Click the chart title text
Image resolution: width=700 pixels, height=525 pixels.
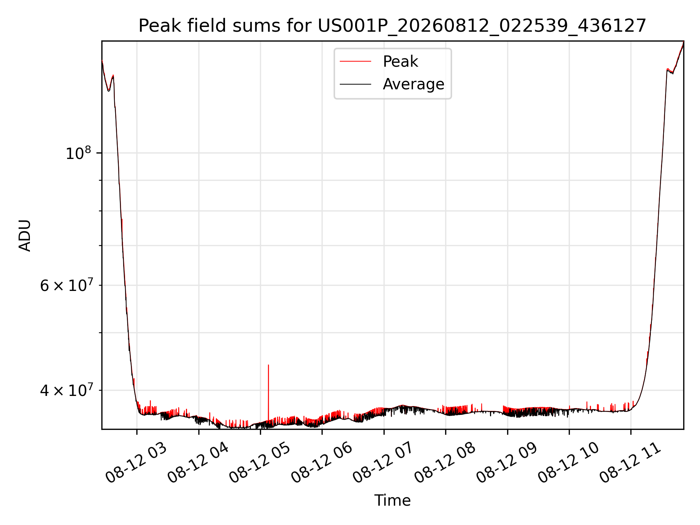(392, 26)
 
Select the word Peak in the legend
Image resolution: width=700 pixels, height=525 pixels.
(400, 62)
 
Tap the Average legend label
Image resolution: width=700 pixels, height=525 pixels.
(413, 84)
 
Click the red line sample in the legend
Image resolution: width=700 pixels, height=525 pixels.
(355, 62)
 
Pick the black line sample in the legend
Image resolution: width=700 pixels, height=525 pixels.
(355, 84)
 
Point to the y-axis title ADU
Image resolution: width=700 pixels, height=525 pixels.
(25, 236)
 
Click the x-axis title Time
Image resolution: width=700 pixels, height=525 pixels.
(392, 501)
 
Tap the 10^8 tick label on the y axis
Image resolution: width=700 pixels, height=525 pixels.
(78, 153)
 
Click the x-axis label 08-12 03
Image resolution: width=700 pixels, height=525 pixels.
(136, 463)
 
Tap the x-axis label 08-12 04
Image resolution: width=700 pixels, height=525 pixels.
(198, 463)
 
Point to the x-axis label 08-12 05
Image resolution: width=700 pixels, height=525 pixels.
(259, 463)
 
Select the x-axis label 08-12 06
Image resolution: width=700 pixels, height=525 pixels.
(321, 463)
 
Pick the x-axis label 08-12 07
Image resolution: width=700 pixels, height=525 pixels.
(383, 463)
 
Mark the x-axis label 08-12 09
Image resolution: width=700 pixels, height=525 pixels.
(506, 463)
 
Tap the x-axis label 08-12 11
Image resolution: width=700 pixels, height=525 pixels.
(630, 463)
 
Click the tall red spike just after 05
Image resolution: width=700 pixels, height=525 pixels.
(268, 393)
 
